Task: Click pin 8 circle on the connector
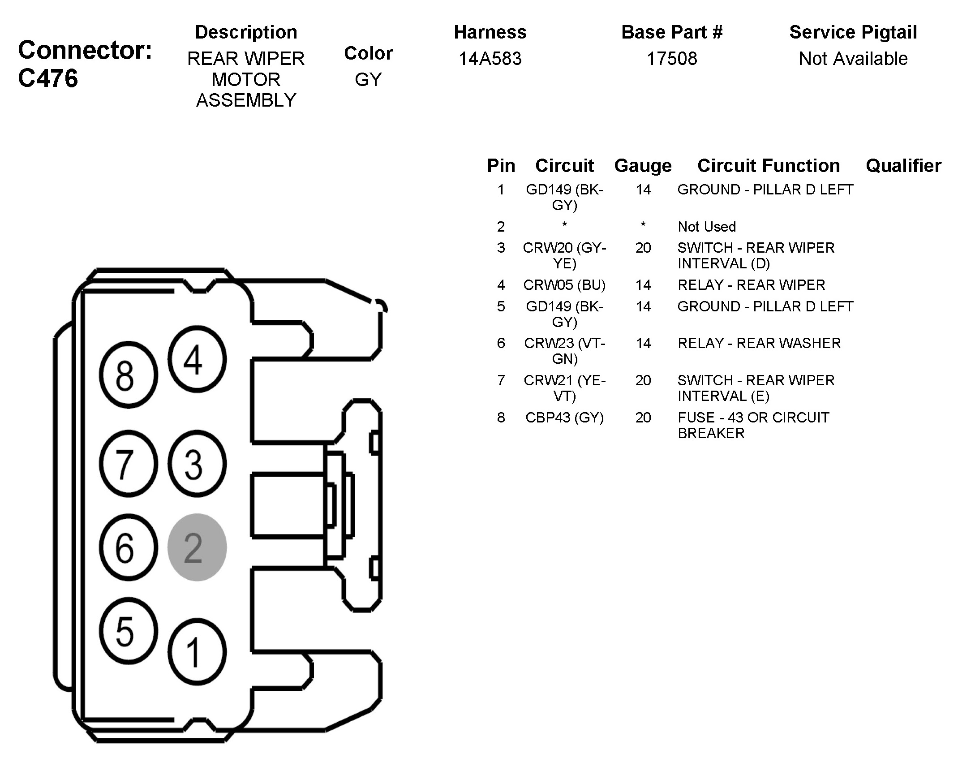(x=128, y=375)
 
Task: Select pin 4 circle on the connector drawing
(x=197, y=359)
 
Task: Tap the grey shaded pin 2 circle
(x=197, y=547)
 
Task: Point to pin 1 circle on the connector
(x=197, y=652)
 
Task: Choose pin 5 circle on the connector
(x=128, y=630)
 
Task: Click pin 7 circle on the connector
(x=128, y=464)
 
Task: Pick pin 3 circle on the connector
(x=197, y=464)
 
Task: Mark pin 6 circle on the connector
(x=128, y=547)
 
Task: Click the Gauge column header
(x=643, y=166)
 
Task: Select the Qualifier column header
(x=903, y=166)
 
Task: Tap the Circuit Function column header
(x=769, y=166)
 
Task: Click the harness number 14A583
(x=490, y=59)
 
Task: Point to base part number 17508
(x=672, y=59)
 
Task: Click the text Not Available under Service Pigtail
(x=853, y=59)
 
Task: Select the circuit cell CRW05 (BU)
(x=564, y=285)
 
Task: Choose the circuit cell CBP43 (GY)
(x=564, y=418)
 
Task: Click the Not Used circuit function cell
(x=707, y=227)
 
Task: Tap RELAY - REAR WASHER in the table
(x=759, y=343)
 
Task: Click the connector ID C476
(x=48, y=78)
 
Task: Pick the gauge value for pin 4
(x=643, y=285)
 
